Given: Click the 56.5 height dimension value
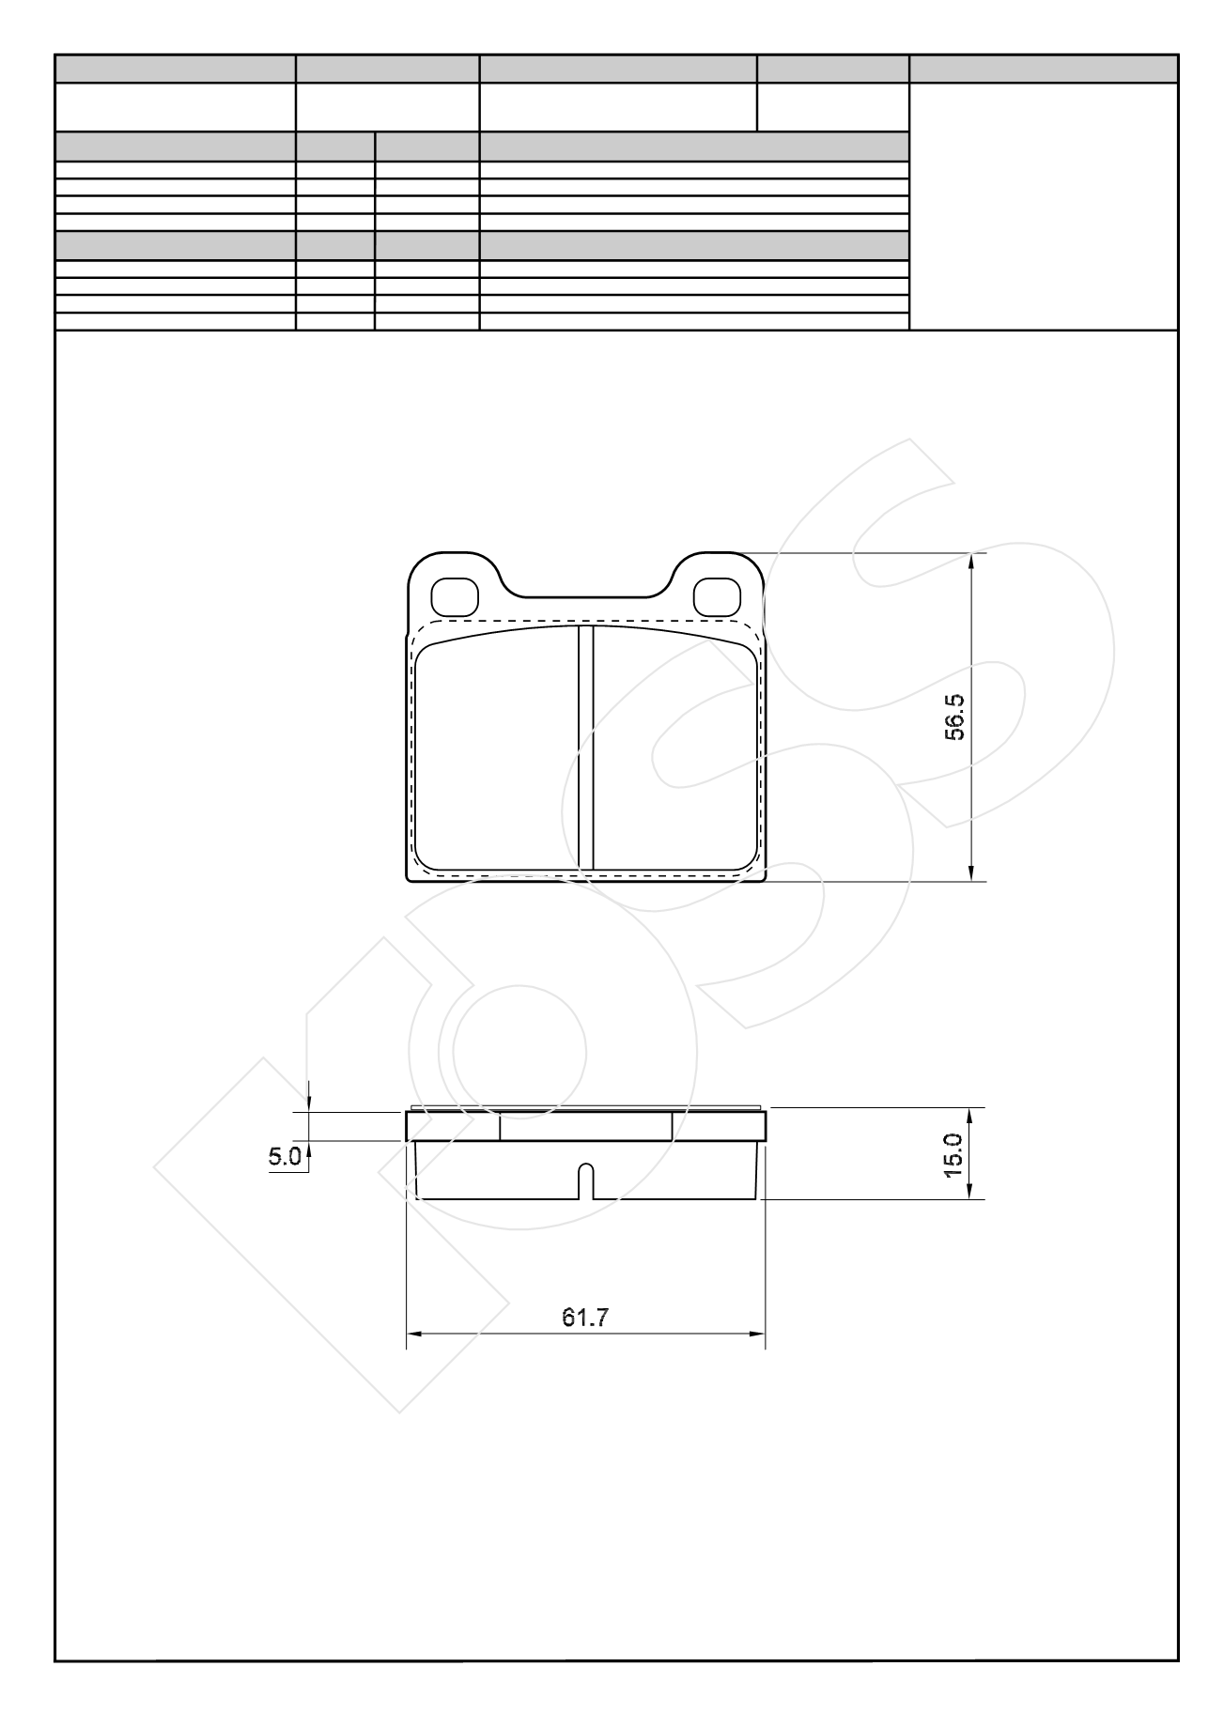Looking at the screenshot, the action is click(954, 718).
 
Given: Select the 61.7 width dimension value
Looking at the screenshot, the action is click(585, 1318).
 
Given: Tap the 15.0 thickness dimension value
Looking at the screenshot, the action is click(953, 1154).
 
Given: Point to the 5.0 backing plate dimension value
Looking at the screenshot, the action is click(285, 1156).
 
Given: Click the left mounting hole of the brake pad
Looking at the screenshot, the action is click(455, 595).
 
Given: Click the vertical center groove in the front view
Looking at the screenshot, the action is click(586, 748).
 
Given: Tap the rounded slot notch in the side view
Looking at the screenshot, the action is click(586, 1181).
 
